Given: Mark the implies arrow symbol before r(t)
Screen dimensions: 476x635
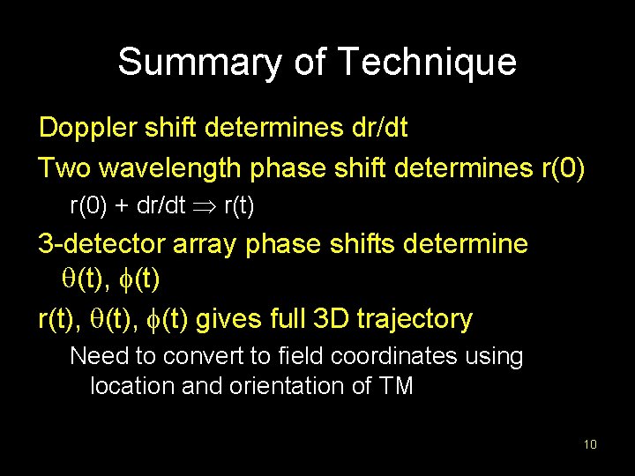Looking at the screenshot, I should (204, 206).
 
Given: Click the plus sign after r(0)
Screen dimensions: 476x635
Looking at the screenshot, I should (119, 207).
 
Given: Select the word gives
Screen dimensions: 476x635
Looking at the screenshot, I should (225, 319).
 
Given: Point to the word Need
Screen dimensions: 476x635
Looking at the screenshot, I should (95, 357).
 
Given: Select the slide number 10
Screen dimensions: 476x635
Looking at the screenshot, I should (590, 444).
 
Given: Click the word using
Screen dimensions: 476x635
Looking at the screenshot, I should (497, 358).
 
